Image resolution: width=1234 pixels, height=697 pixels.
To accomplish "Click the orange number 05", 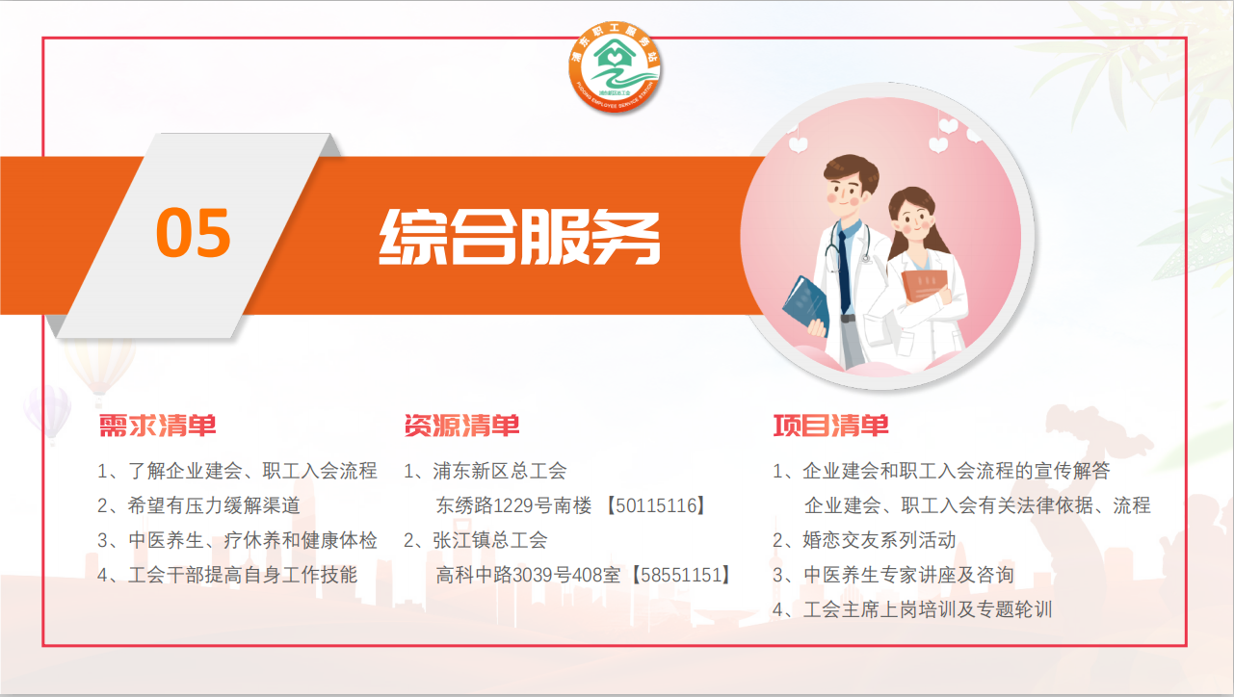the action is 193,232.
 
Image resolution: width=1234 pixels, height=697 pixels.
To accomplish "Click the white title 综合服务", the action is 519,237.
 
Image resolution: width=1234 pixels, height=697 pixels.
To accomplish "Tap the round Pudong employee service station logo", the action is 615,67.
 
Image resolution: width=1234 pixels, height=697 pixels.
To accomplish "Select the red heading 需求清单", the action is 158,426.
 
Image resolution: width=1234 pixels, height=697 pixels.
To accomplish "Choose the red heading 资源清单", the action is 461,426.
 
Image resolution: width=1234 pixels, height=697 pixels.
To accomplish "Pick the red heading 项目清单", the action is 830,426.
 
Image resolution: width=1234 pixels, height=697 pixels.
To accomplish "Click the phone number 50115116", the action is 656,505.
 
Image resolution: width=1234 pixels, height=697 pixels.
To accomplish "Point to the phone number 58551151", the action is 681,575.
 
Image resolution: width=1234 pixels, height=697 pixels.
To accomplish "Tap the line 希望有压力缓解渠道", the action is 214,505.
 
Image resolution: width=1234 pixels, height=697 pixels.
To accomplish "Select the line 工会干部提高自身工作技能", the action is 243,575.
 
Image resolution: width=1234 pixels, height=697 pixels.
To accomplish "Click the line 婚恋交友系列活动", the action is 880,540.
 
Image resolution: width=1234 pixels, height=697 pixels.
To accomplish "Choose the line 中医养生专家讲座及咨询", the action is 908,575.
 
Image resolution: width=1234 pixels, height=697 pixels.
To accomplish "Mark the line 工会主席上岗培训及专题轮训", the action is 928,609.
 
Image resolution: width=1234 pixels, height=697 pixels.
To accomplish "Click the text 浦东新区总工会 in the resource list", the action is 500,471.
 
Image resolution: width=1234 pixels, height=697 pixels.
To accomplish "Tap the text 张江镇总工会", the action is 489,540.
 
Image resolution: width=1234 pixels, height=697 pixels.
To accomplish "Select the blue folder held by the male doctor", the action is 806,306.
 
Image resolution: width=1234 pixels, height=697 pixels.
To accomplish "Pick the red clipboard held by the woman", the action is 925,284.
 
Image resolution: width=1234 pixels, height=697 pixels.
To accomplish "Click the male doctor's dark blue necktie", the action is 844,273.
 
